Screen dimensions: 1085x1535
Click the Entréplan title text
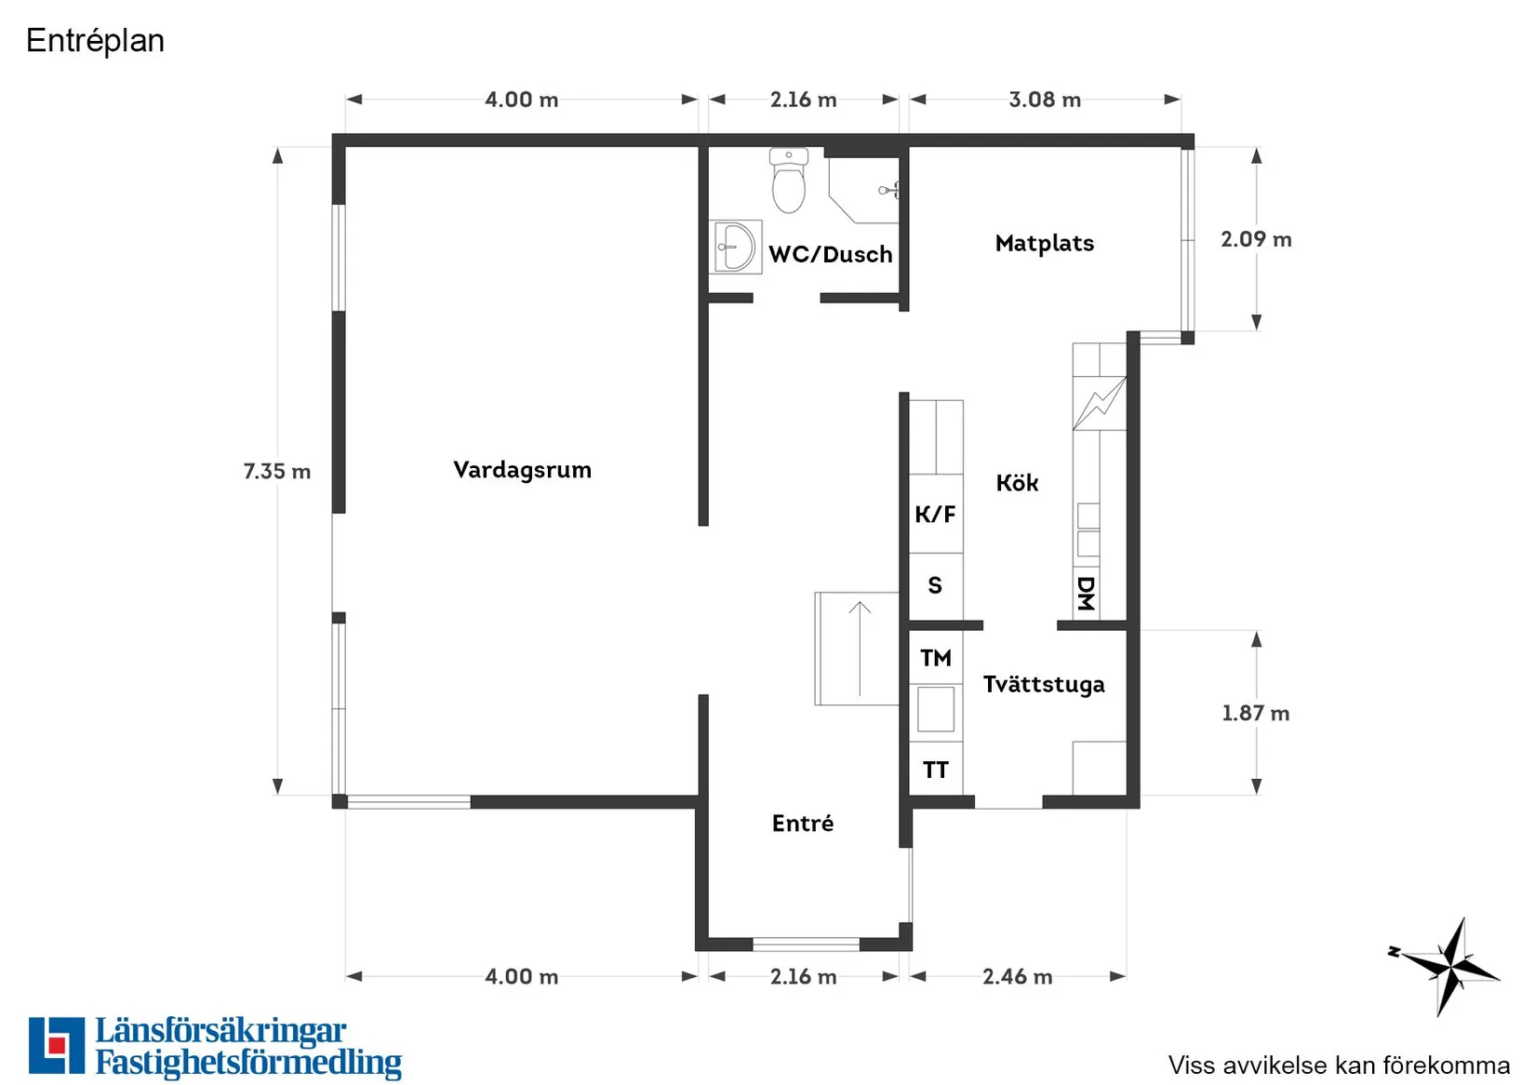pos(95,41)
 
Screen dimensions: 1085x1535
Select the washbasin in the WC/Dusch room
pos(735,247)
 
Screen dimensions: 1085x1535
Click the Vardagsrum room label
pos(522,470)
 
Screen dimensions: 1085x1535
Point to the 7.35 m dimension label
pos(276,472)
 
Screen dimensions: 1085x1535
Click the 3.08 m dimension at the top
pos(1045,100)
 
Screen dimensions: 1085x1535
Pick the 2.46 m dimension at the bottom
pos(1017,976)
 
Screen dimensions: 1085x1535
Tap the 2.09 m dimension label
pos(1256,239)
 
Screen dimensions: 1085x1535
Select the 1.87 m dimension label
pos(1255,714)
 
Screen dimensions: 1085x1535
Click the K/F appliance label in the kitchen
pos(935,515)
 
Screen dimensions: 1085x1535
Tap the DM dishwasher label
pos(1086,593)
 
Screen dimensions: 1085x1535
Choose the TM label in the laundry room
pos(936,658)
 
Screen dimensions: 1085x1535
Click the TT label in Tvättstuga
pos(936,770)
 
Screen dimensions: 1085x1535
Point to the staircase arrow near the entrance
pos(860,649)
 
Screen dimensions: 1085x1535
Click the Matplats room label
pos(1044,244)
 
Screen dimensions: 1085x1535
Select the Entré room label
pos(803,824)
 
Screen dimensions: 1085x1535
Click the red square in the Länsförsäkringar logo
pos(57,1045)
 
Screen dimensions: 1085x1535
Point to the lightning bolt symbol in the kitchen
pos(1100,403)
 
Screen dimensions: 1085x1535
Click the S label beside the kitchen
pos(935,585)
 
